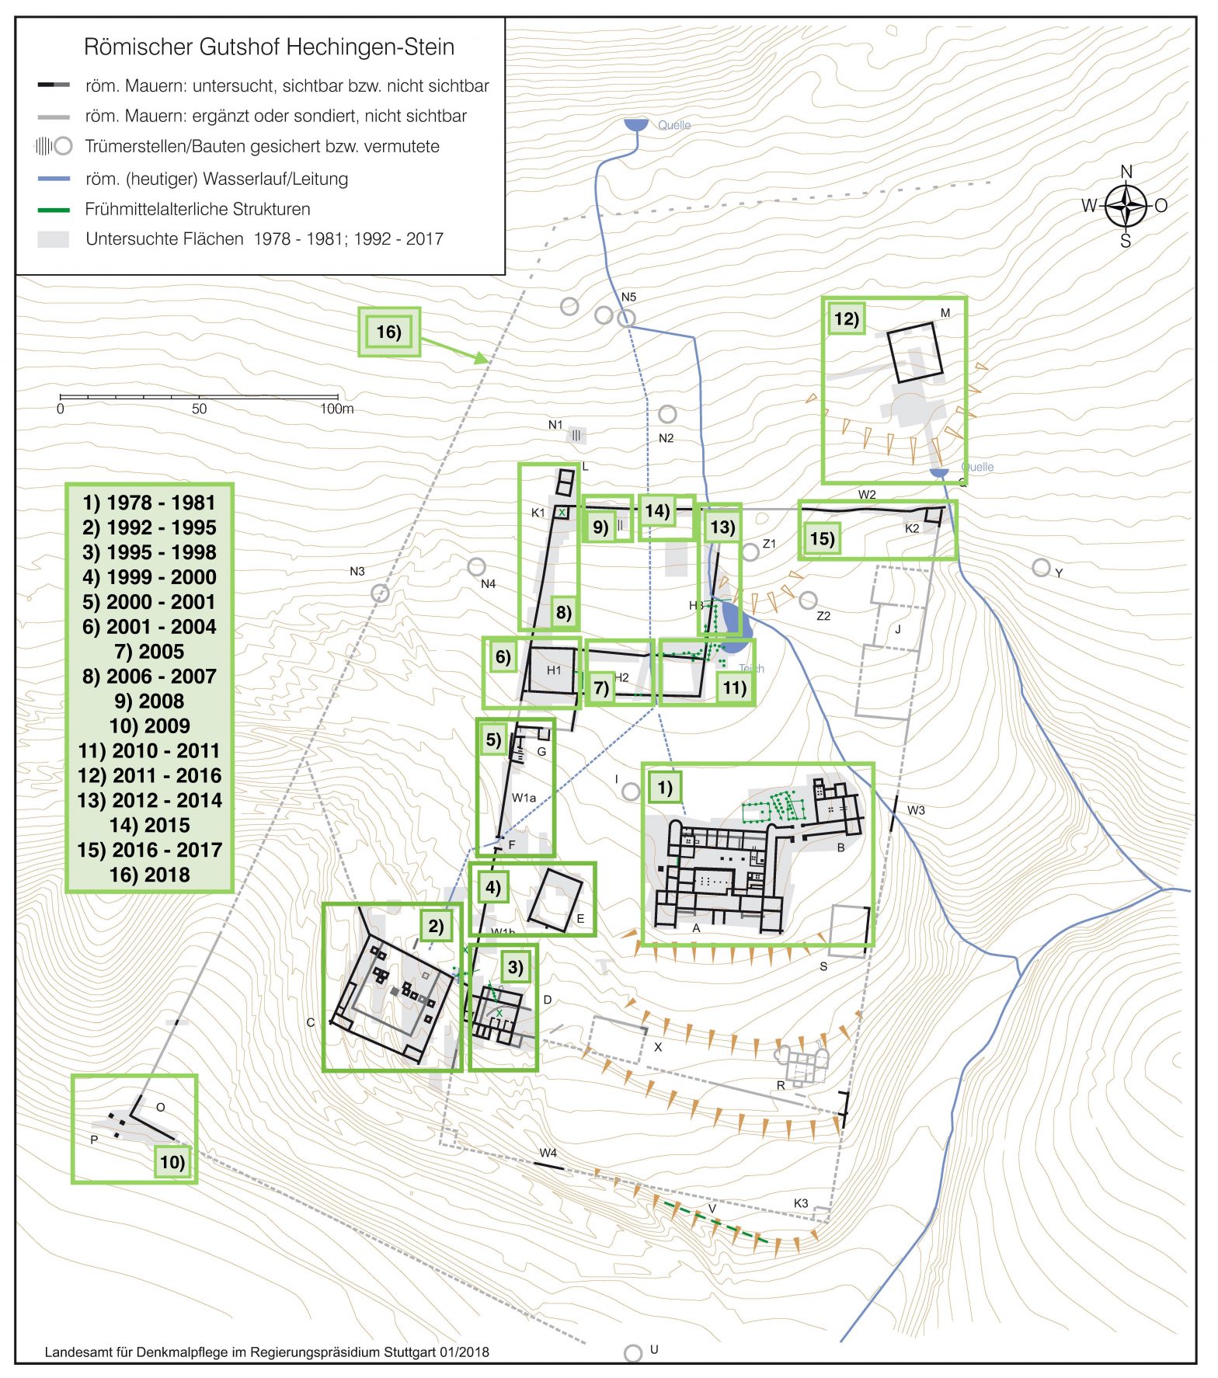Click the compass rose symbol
click(x=1126, y=207)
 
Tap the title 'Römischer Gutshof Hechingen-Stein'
click(x=269, y=47)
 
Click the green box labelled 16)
click(x=388, y=332)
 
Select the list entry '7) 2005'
click(x=149, y=652)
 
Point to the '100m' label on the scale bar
click(x=336, y=409)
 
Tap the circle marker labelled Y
click(x=1041, y=568)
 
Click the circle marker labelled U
click(x=633, y=1353)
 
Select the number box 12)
click(x=846, y=319)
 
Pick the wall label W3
click(x=916, y=810)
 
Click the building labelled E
click(x=555, y=900)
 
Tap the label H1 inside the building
click(x=553, y=670)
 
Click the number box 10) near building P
click(x=172, y=1162)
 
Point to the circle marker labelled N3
click(x=380, y=593)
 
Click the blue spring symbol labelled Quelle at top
click(x=636, y=125)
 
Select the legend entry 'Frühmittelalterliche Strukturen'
click(x=197, y=209)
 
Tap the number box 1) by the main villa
click(x=665, y=788)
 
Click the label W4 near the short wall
click(x=548, y=1153)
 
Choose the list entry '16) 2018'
click(x=149, y=875)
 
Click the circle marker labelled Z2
click(x=808, y=600)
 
